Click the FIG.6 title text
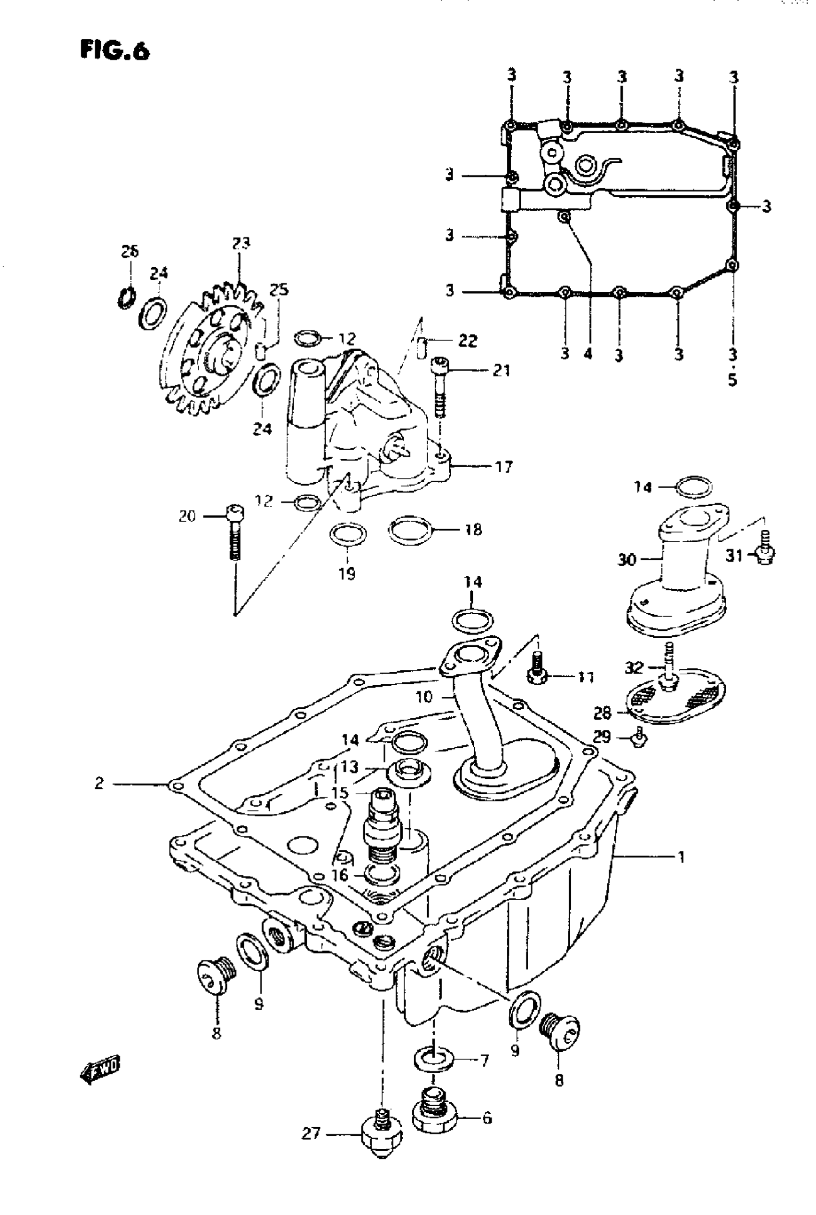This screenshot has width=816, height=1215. (115, 51)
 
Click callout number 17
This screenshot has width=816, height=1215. (503, 466)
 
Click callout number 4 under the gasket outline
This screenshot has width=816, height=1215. (588, 354)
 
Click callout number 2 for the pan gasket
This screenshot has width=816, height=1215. (99, 783)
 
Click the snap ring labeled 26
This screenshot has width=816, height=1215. (126, 297)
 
